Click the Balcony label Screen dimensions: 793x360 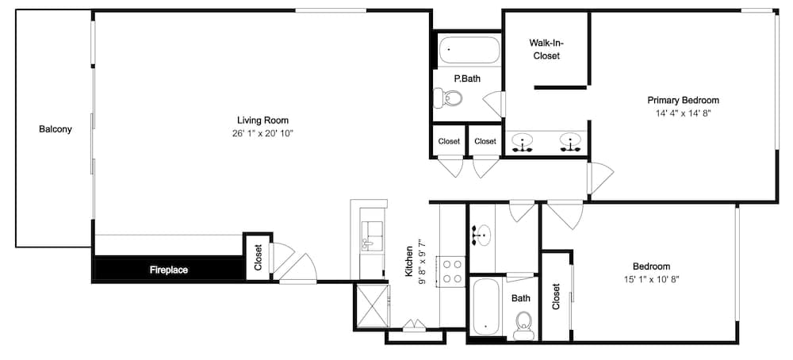pos(56,129)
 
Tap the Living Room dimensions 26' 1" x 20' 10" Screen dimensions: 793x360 pos(262,133)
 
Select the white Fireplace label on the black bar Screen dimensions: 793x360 pos(169,270)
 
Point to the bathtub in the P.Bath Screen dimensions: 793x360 pos(469,50)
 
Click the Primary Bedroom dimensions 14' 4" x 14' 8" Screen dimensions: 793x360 pos(684,113)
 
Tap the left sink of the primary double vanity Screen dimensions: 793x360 pos(522,142)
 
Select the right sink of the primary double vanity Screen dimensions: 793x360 pos(570,142)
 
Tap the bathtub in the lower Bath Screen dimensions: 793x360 pos(486,306)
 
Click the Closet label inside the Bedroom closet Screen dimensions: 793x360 pos(557,297)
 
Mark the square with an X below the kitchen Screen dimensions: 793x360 pos(372,306)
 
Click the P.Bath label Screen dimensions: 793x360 pos(467,79)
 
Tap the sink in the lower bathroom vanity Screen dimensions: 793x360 pos(482,236)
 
